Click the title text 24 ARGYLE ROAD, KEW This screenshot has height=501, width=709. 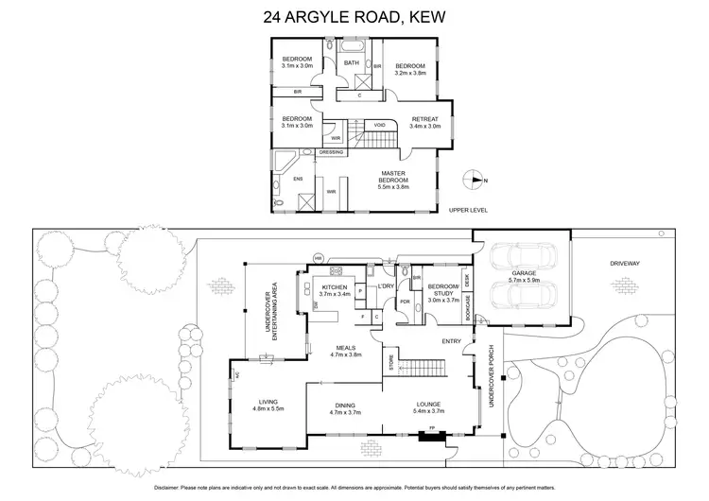pos(354,16)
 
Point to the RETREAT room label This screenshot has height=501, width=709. pos(425,121)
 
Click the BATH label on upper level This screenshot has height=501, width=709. pos(352,63)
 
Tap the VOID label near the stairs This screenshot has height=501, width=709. pos(379,124)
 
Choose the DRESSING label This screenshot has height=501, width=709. pos(331,152)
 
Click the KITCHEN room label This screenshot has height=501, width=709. pos(336,289)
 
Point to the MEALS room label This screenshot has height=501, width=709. pos(345,350)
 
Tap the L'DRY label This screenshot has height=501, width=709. pos(385,285)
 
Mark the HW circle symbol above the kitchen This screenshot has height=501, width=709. pos(320,258)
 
